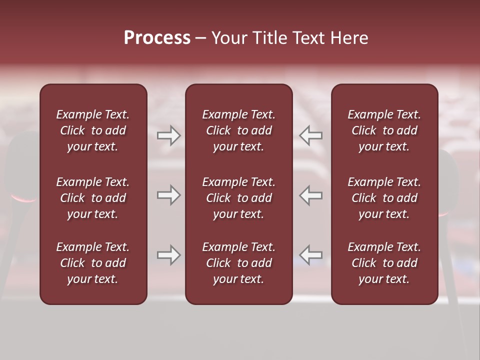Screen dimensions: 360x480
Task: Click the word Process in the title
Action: [x=157, y=38]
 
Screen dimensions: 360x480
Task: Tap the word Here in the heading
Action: [x=348, y=38]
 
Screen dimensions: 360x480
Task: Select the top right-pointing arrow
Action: [x=168, y=135]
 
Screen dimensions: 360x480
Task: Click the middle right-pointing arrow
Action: [x=168, y=195]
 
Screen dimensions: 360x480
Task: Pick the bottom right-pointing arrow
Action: [x=168, y=255]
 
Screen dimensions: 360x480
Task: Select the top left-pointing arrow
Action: [x=311, y=135]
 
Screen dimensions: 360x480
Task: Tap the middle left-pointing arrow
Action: [x=311, y=195]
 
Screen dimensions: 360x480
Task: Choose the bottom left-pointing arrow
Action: [x=311, y=255]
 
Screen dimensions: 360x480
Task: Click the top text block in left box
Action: [x=93, y=130]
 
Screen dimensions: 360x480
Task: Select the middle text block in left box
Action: [x=93, y=198]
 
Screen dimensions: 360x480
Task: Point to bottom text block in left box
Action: [x=93, y=263]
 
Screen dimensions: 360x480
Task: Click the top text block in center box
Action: [x=238, y=130]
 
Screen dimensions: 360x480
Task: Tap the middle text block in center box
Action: [x=238, y=198]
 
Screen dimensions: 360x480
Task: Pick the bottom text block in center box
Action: [x=238, y=263]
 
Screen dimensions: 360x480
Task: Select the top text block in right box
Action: [x=384, y=130]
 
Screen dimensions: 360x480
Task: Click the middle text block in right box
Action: [x=384, y=198]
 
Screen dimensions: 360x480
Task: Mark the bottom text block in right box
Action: [x=384, y=263]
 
